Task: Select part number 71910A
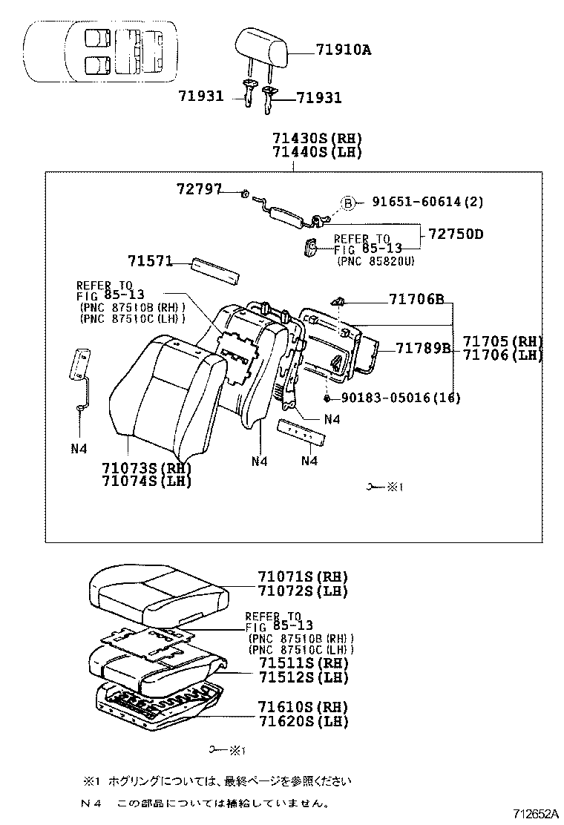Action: pos(343,50)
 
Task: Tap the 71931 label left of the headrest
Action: pos(200,96)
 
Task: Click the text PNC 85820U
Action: pos(376,261)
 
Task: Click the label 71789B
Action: pos(423,348)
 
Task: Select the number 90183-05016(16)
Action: pos(401,398)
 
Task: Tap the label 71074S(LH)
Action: pos(148,481)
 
